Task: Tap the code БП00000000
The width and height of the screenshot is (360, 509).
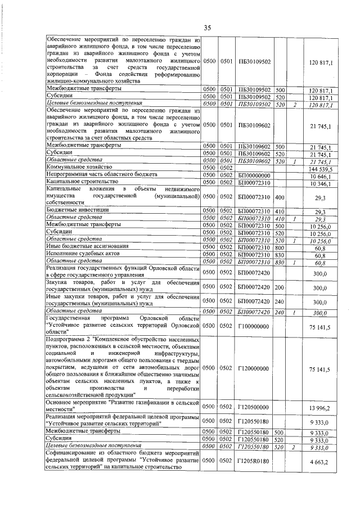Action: tap(254, 175)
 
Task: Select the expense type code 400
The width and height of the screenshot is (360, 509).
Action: tap(280, 197)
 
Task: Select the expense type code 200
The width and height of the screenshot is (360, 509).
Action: tap(280, 286)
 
